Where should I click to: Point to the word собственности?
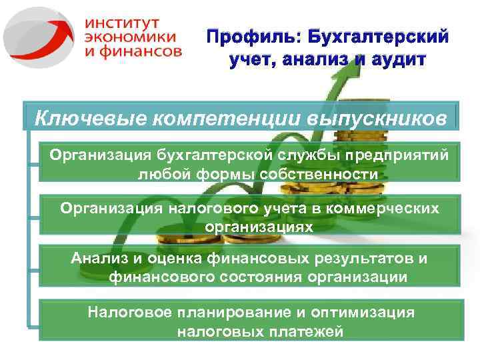click(304, 175)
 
